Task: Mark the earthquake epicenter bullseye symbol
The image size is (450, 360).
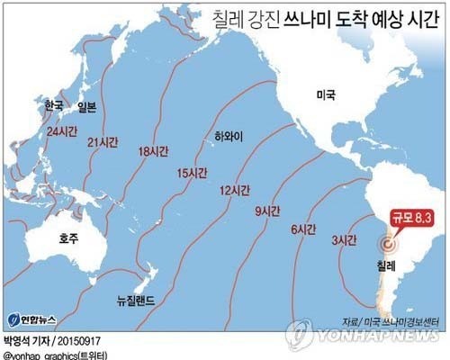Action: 388,244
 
